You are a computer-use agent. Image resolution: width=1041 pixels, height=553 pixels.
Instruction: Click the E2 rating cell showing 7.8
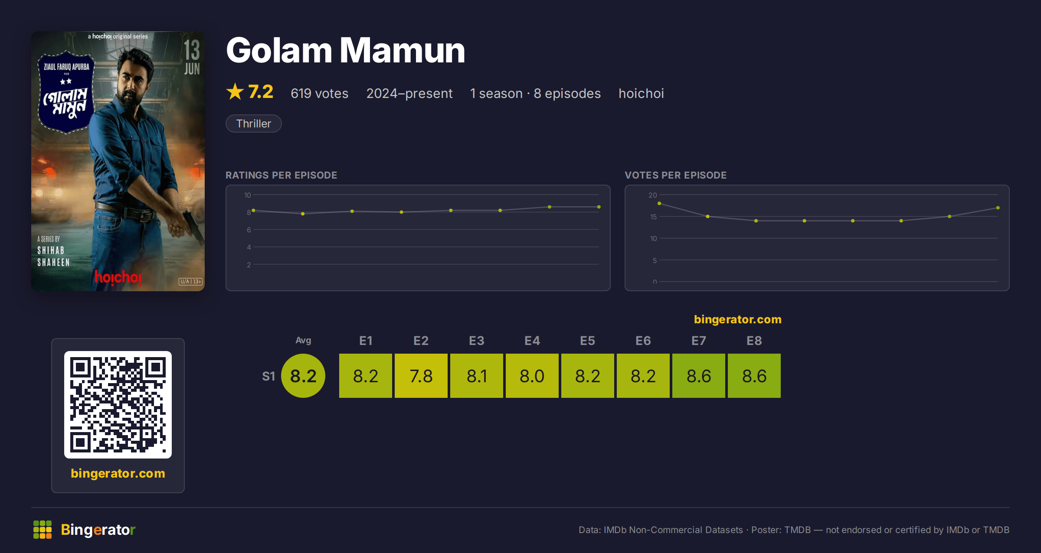tap(421, 376)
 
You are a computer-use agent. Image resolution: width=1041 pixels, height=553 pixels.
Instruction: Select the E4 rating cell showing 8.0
tap(532, 376)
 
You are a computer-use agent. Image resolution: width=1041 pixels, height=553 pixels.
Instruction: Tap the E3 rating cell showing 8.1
tap(476, 376)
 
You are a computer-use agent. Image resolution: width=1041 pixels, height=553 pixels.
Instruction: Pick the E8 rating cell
tap(754, 376)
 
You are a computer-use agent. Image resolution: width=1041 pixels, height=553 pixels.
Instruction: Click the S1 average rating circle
tap(303, 376)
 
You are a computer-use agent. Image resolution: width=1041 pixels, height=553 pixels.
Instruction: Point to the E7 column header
tap(698, 341)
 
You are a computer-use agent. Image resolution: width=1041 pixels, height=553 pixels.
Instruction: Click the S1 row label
tap(268, 376)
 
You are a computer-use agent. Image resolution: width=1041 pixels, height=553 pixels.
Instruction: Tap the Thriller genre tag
tap(254, 124)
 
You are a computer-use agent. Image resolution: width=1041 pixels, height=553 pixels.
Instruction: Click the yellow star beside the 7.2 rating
tap(235, 91)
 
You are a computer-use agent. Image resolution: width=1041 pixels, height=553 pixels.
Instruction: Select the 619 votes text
tap(320, 93)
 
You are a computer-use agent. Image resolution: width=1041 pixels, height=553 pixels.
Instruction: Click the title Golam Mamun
tap(346, 50)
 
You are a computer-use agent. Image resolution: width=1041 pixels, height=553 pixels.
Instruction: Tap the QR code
tap(118, 405)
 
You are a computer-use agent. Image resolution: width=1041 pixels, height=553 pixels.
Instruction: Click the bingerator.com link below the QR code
tap(118, 473)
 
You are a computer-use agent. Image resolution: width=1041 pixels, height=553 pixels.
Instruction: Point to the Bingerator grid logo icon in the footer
tap(43, 530)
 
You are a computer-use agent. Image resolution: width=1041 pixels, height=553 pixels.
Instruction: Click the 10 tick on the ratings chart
tap(248, 195)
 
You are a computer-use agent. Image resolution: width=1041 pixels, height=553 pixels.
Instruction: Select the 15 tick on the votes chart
tap(653, 217)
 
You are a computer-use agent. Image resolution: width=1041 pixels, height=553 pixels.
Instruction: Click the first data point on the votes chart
tap(659, 203)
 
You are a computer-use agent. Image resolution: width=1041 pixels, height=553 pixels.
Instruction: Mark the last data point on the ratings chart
tap(599, 207)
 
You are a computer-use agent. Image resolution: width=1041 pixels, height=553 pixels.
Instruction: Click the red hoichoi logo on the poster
tap(118, 277)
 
